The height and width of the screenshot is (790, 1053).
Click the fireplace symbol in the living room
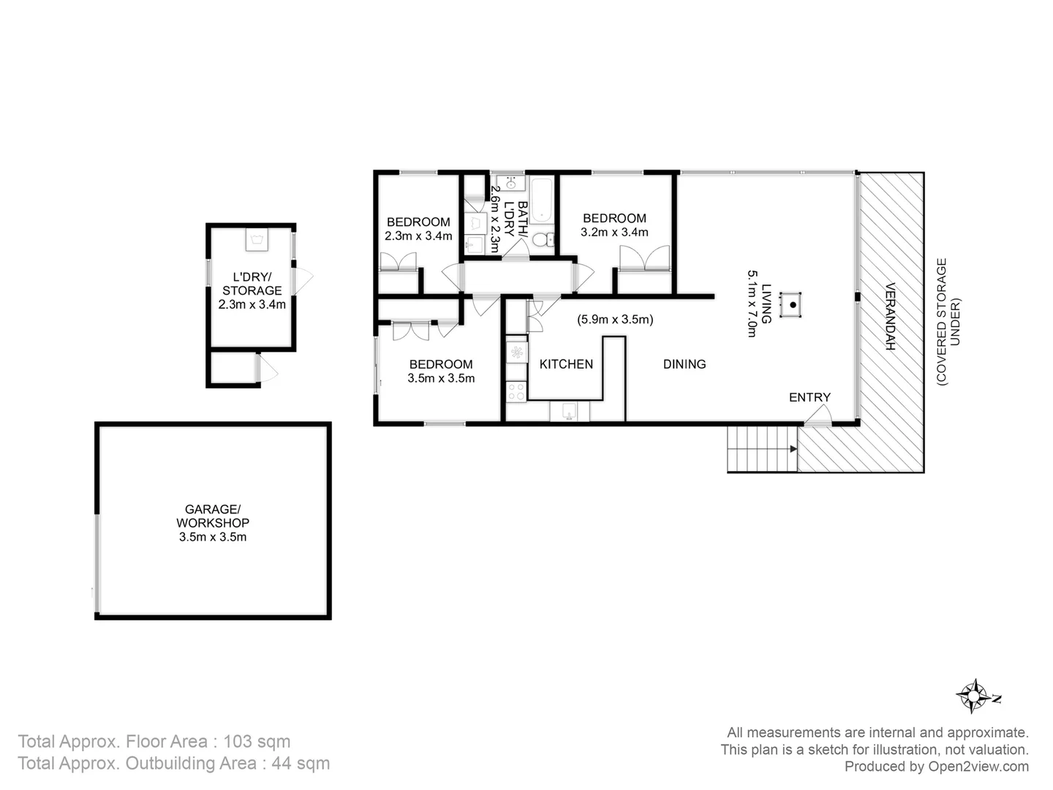click(791, 304)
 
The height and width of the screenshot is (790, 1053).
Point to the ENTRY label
click(809, 397)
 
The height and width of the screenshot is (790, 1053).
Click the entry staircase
click(761, 448)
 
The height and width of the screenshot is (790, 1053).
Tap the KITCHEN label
click(566, 364)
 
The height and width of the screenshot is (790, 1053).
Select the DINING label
click(684, 364)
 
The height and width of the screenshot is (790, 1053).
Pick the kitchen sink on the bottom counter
click(570, 412)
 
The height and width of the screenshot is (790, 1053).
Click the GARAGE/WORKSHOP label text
click(212, 516)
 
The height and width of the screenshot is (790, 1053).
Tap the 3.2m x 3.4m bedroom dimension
click(614, 233)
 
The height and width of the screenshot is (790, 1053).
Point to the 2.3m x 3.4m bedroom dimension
click(418, 236)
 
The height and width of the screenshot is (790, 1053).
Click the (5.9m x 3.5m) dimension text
click(615, 319)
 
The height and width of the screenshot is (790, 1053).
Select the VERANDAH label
click(890, 316)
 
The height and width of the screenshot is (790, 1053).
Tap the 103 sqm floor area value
click(257, 741)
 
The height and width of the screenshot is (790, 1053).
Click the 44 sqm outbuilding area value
click(301, 763)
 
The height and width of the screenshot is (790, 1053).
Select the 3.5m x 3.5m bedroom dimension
click(441, 378)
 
